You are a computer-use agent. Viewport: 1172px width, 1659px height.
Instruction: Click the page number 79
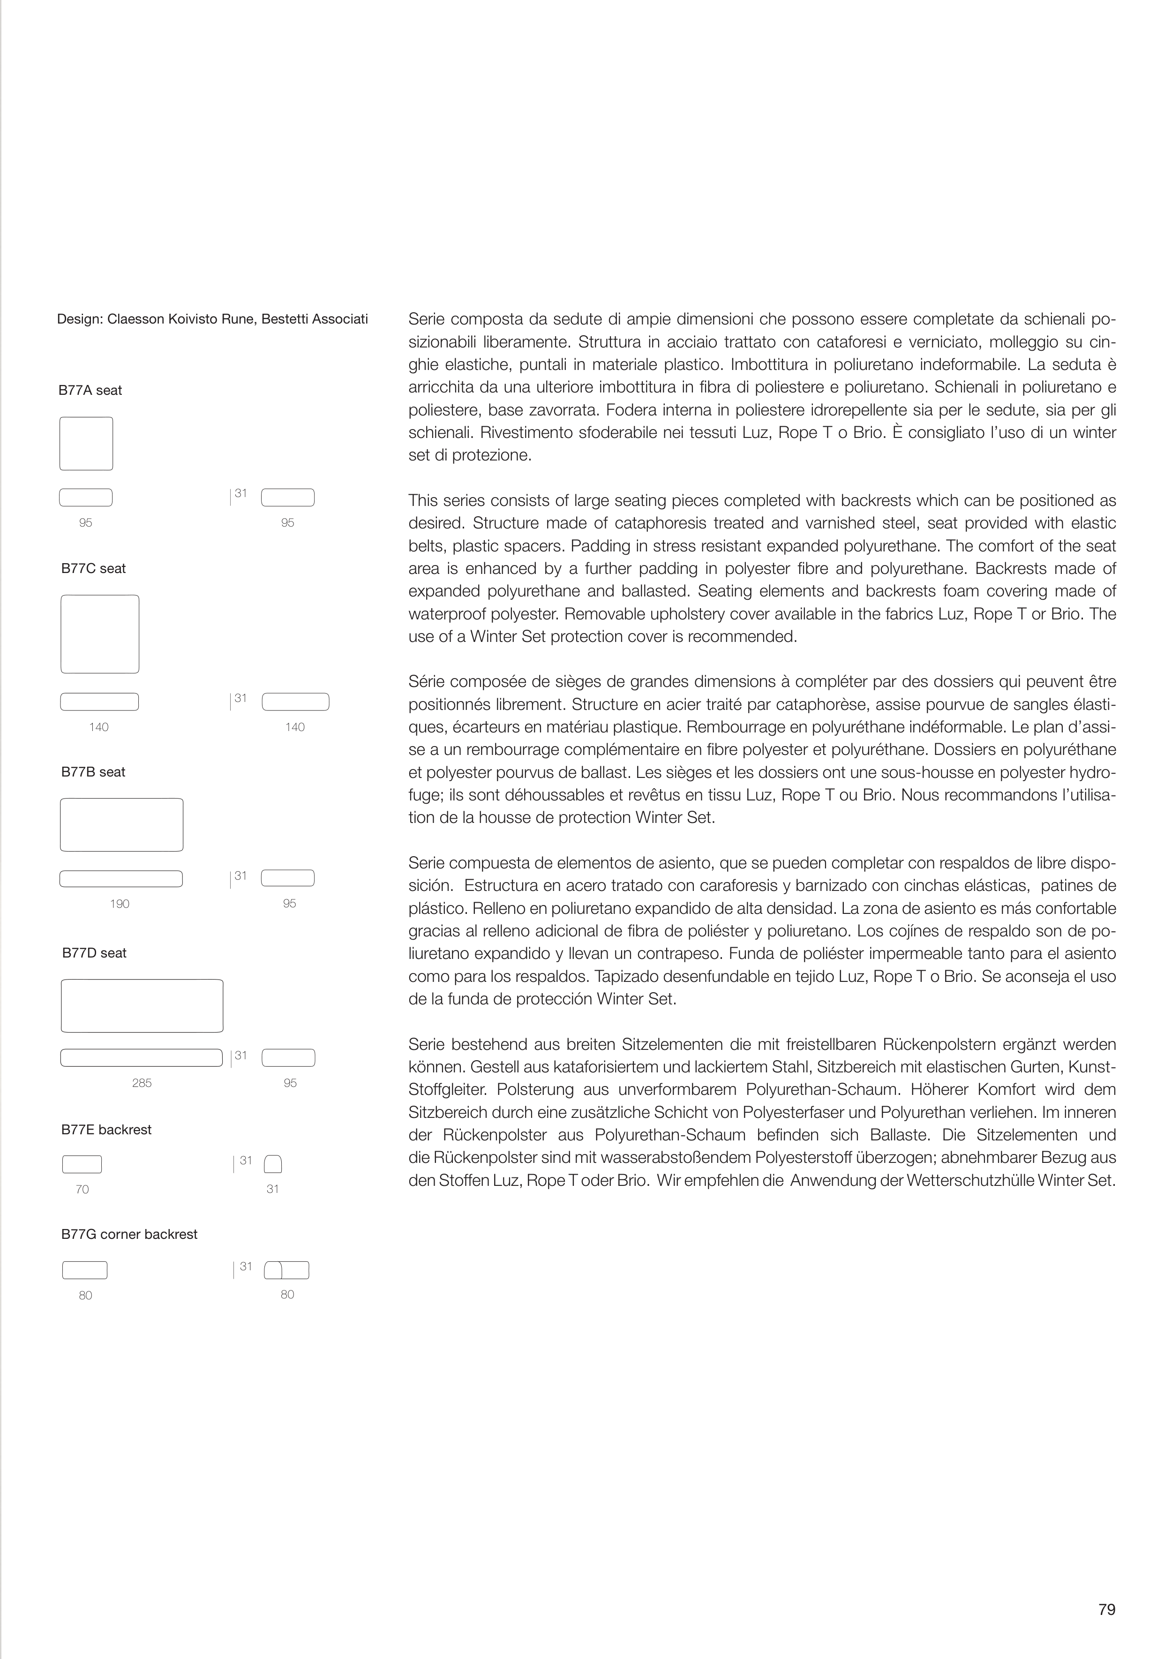point(1106,1609)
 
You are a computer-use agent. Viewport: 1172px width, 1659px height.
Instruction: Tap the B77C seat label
point(93,569)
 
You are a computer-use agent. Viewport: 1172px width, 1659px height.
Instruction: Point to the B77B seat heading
point(93,772)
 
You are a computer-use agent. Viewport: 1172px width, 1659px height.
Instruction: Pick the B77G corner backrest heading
point(129,1234)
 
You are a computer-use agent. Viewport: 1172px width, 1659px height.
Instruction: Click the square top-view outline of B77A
point(86,444)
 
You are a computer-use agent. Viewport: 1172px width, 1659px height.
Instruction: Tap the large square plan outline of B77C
point(100,633)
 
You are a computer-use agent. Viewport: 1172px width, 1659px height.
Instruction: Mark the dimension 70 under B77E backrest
point(83,1189)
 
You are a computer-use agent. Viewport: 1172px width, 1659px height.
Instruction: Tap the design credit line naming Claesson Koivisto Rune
point(212,319)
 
